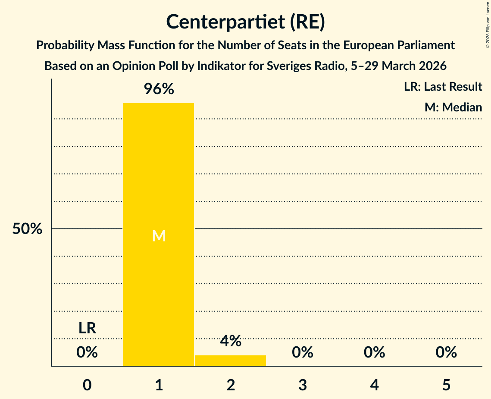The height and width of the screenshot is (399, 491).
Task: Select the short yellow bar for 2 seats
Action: (x=231, y=361)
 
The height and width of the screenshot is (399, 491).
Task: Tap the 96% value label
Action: (x=159, y=89)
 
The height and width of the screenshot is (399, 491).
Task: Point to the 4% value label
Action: (x=231, y=341)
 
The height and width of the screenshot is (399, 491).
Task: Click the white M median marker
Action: (x=159, y=236)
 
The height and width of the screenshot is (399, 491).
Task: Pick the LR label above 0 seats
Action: (x=87, y=328)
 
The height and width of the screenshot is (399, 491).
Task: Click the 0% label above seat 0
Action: (x=87, y=352)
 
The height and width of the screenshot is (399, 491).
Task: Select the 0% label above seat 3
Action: (x=303, y=352)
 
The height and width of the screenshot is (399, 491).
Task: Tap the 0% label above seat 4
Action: (x=374, y=352)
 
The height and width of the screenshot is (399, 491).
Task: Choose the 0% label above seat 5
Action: (x=446, y=352)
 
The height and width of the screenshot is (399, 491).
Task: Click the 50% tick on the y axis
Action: (x=27, y=229)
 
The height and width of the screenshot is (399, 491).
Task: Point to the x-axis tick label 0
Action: (x=87, y=385)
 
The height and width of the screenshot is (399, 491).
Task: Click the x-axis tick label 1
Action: (x=159, y=385)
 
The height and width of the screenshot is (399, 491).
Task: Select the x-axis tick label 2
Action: (x=231, y=385)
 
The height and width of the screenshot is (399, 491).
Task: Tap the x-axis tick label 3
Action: (x=303, y=385)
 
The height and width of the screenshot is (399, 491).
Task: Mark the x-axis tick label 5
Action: (x=446, y=385)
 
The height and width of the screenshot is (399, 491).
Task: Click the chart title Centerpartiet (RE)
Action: (x=245, y=22)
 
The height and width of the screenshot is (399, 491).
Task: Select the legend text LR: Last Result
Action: (x=443, y=87)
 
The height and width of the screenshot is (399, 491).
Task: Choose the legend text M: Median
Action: (x=453, y=107)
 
